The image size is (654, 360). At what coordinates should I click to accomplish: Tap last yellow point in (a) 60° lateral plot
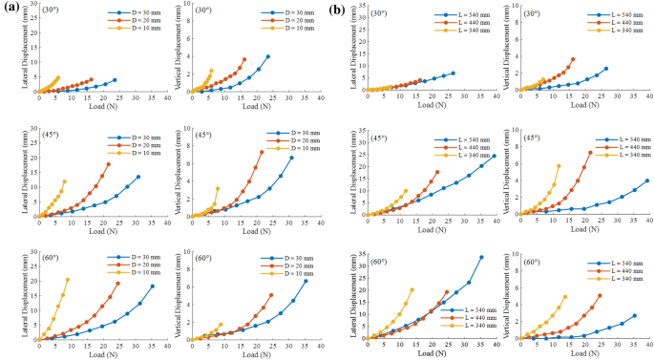[x=68, y=280]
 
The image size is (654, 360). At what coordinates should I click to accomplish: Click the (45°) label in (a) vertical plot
[x=203, y=135]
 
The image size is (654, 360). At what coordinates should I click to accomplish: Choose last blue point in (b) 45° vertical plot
[x=647, y=180]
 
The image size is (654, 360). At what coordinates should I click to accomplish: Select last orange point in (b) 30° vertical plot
[x=573, y=59]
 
